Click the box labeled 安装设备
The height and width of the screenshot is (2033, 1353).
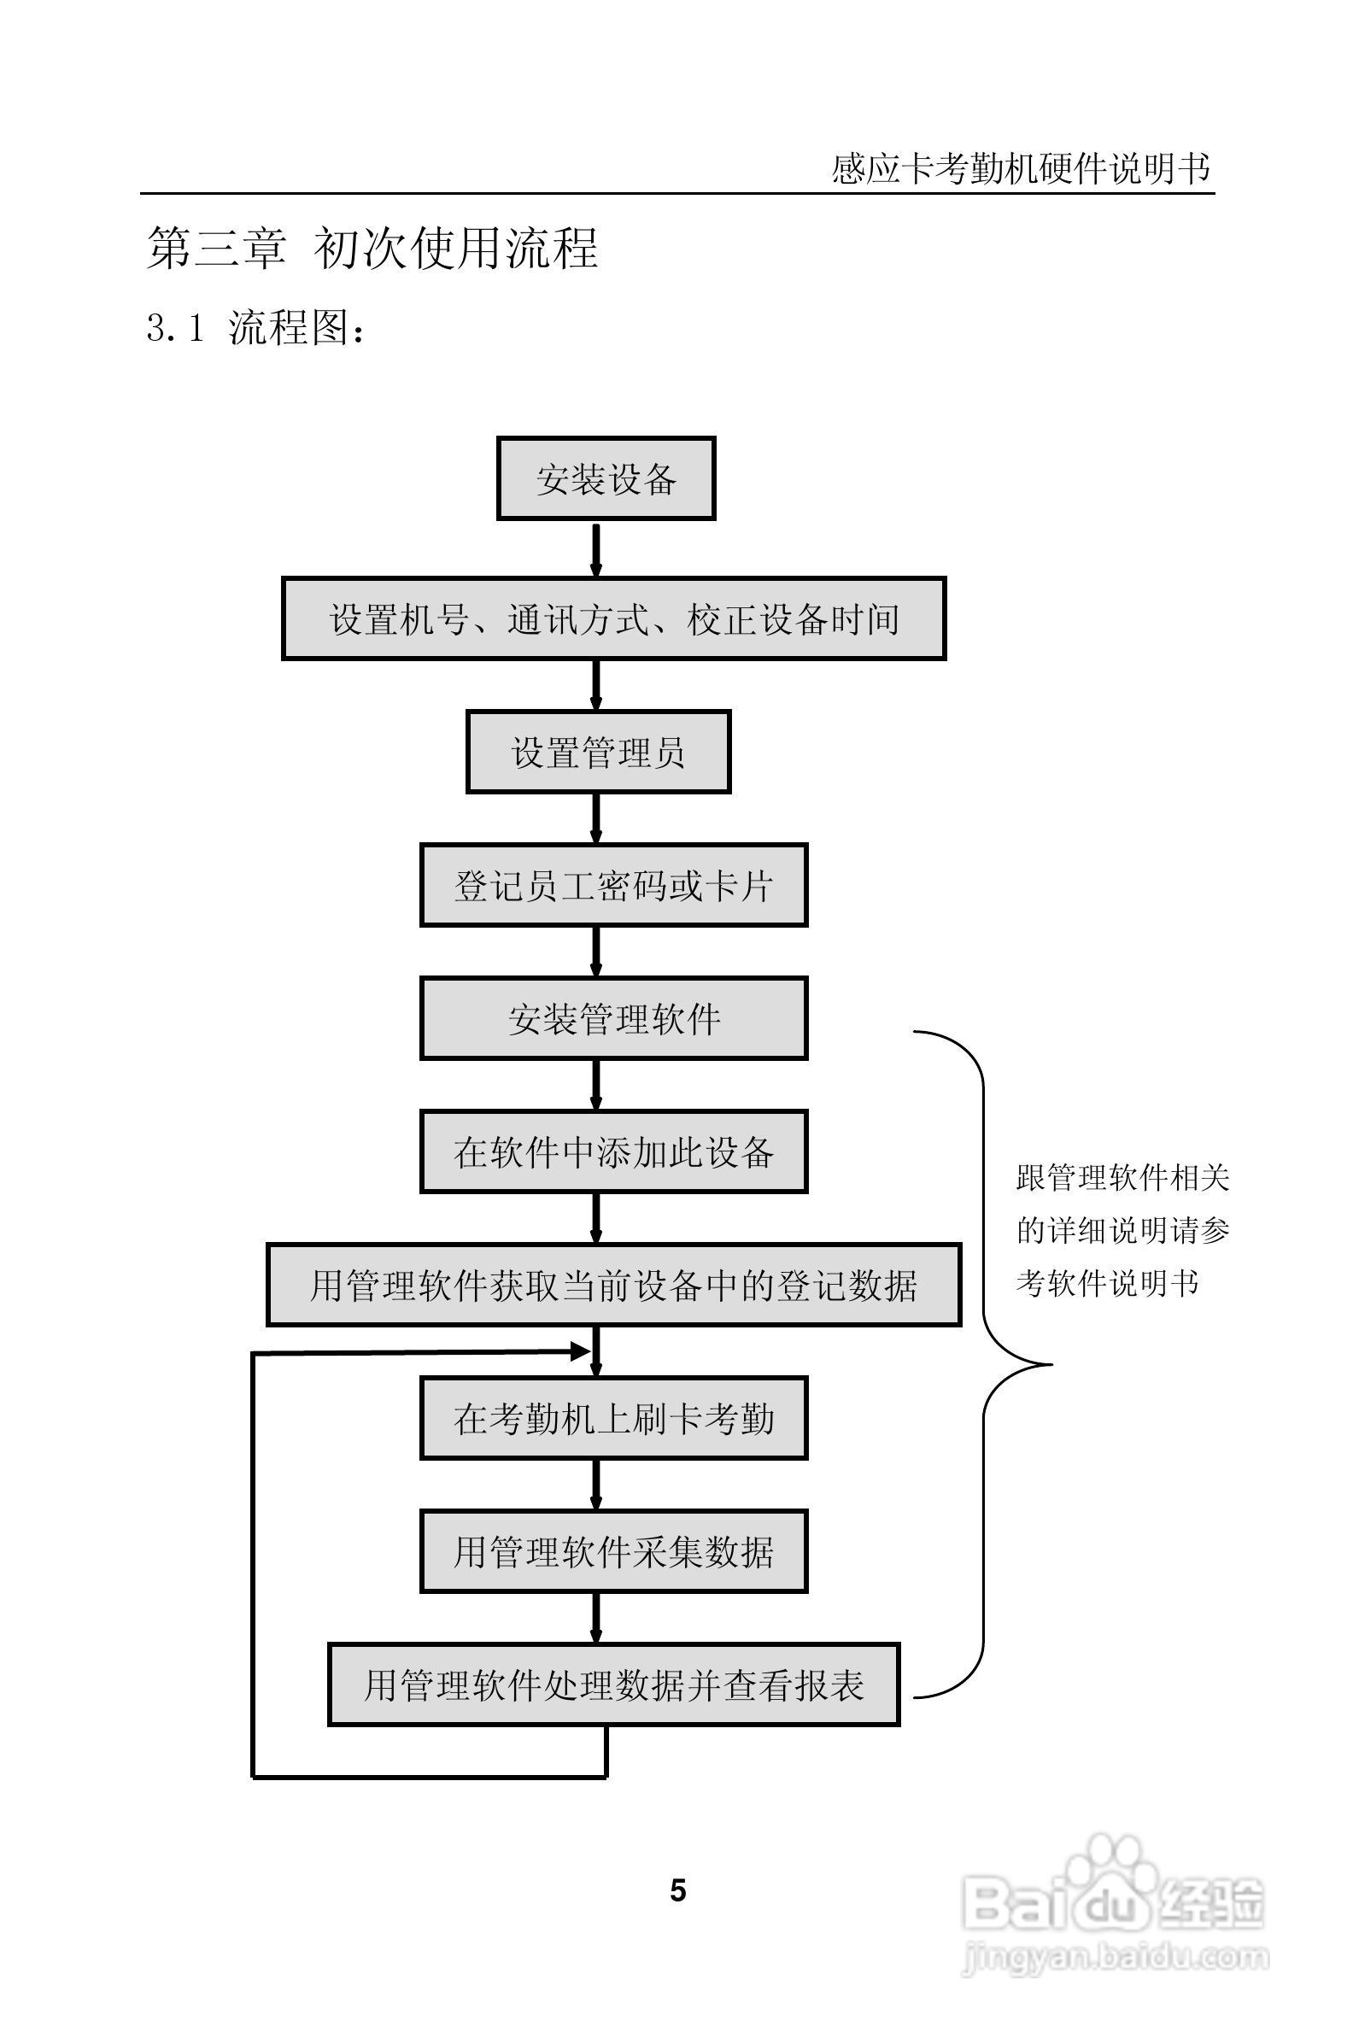coord(606,479)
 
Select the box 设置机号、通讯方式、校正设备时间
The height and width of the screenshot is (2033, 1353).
coord(613,618)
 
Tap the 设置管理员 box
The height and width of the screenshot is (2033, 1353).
coord(598,752)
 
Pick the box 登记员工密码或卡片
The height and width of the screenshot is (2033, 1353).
coord(613,885)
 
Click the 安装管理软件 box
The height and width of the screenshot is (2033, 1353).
coord(613,1018)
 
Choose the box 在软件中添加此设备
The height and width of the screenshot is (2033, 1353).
coord(613,1152)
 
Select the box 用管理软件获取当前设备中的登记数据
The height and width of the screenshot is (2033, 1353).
coord(613,1285)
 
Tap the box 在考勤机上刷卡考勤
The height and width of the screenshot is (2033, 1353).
coord(613,1419)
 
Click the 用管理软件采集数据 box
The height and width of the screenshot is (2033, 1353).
coord(613,1551)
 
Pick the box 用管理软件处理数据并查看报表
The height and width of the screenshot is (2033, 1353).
coord(613,1685)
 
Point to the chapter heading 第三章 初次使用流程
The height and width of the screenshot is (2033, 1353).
coord(372,249)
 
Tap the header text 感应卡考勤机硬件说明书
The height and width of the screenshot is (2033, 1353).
coord(1021,168)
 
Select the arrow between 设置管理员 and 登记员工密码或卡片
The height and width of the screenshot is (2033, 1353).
coord(595,817)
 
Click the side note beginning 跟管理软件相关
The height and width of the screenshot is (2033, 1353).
coord(1122,1230)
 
